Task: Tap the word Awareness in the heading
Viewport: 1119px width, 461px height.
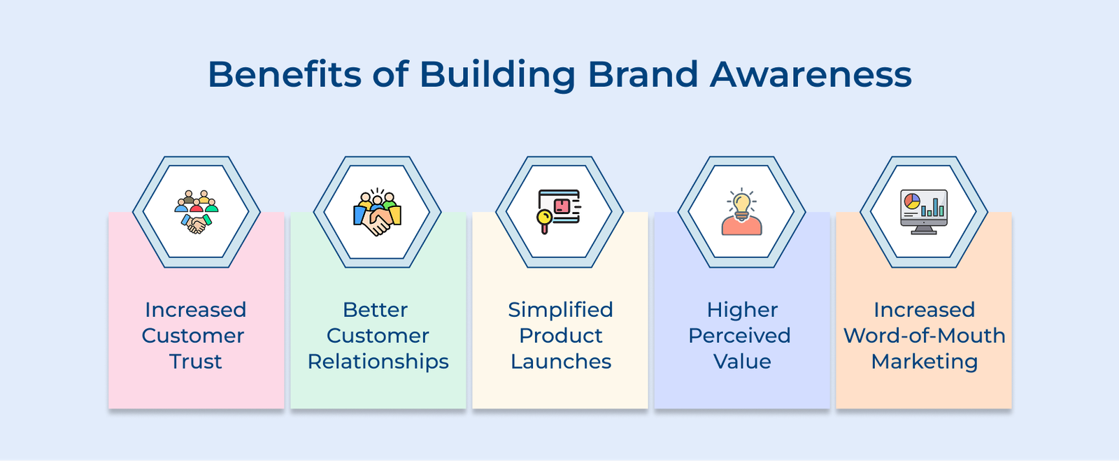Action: click(811, 74)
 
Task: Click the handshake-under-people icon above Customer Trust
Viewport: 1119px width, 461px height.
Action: click(197, 211)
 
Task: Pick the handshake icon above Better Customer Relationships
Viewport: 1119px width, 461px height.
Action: click(378, 213)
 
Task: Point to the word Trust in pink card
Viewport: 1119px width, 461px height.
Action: click(195, 362)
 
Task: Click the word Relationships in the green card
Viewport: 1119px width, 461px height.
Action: click(378, 362)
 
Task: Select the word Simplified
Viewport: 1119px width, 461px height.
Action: click(560, 310)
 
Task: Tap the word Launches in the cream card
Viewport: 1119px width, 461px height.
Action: click(560, 362)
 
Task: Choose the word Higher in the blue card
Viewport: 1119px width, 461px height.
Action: click(742, 310)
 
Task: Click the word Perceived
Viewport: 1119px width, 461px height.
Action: click(739, 336)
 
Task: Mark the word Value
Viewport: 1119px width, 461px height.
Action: click(742, 362)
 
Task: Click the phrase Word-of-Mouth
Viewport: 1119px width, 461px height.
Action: click(924, 336)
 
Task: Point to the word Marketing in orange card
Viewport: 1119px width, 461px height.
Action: click(924, 362)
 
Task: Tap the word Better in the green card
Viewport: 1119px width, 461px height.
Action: click(375, 310)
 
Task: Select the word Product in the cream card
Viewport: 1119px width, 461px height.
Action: click(560, 336)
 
